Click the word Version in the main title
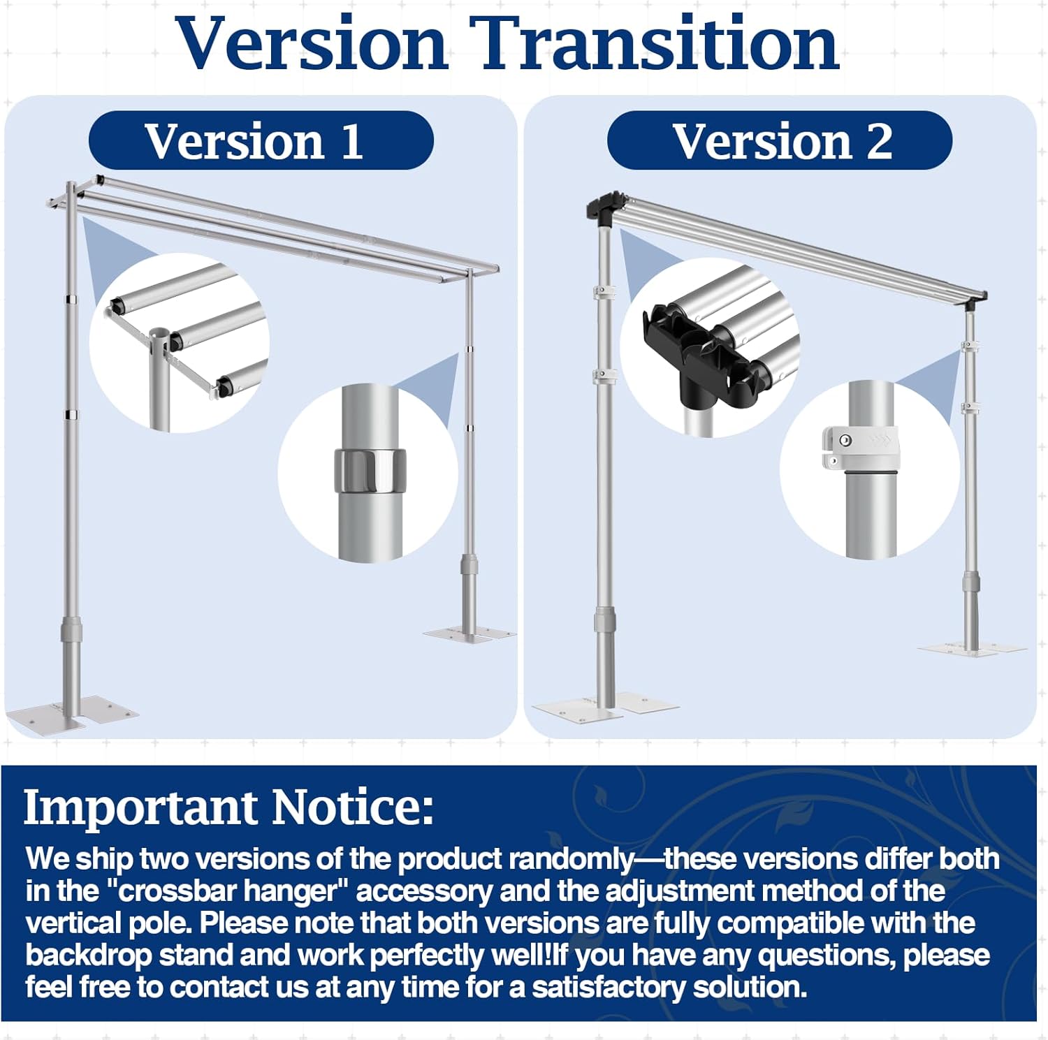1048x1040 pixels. pos(312,43)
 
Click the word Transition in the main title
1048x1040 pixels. pos(654,43)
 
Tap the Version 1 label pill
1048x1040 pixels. pos(261,140)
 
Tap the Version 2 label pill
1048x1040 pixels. pos(780,140)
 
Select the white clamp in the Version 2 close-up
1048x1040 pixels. pos(861,448)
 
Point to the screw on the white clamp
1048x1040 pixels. pos(845,441)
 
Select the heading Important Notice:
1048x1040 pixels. pos(229,807)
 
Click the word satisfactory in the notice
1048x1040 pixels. pos(607,987)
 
